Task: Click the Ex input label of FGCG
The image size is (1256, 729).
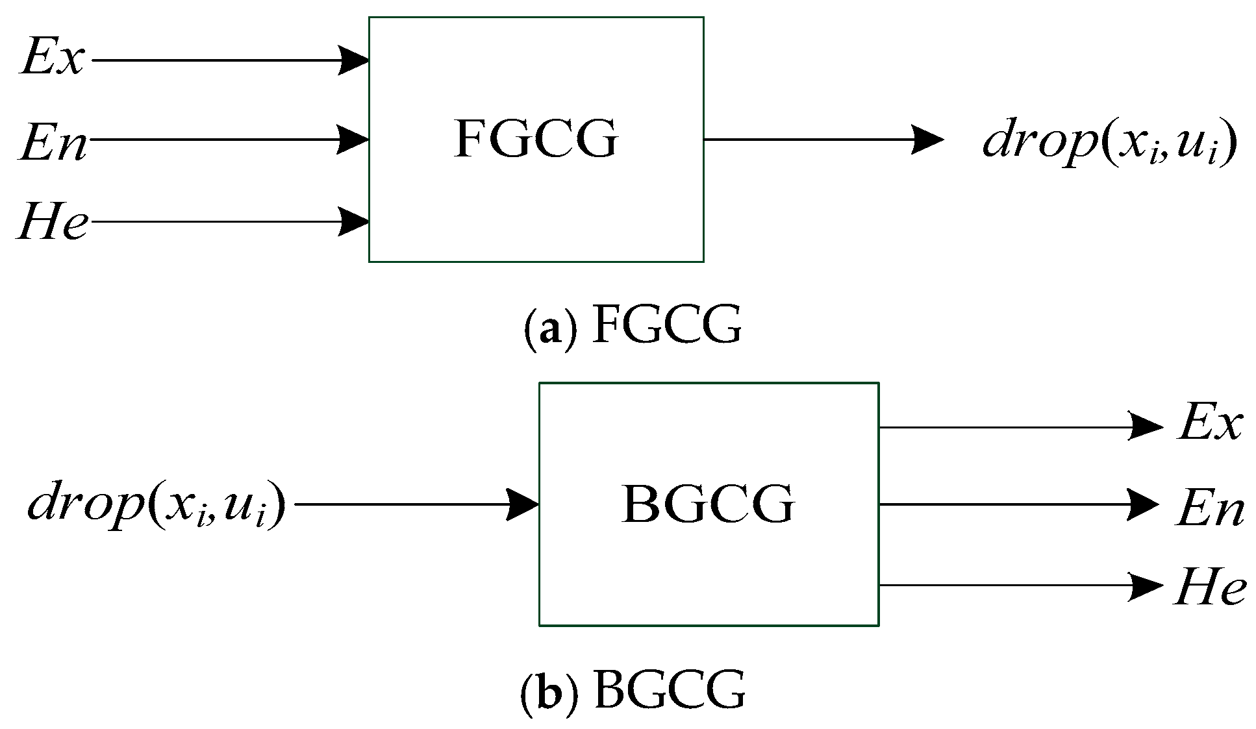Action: click(53, 58)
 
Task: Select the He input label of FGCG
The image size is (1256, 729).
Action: click(53, 222)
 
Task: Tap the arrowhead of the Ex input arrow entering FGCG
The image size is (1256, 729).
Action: click(353, 60)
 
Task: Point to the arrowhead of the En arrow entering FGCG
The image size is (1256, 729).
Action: click(353, 139)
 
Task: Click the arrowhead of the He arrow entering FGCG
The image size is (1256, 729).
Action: click(353, 221)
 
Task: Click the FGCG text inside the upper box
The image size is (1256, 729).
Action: click(536, 138)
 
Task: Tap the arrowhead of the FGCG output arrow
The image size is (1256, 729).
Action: click(927, 139)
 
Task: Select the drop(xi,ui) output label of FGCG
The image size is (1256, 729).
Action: click(1109, 142)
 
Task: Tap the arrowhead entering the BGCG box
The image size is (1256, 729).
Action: click(522, 504)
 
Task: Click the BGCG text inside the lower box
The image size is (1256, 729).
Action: click(708, 504)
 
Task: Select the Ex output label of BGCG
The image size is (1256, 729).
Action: click(1210, 423)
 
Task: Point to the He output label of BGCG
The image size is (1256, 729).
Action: click(1210, 587)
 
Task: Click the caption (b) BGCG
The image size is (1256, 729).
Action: click(633, 691)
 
